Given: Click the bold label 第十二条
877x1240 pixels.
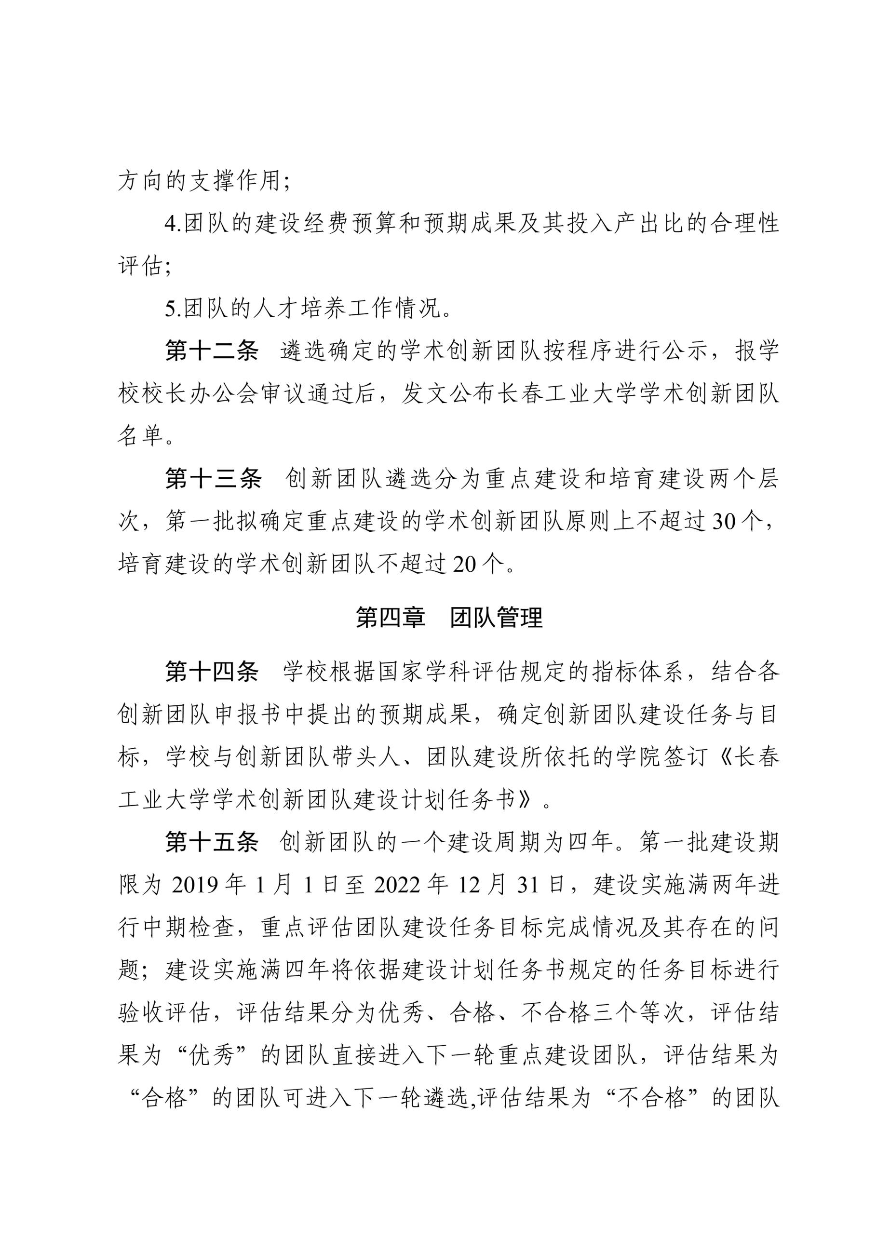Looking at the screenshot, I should coord(212,351).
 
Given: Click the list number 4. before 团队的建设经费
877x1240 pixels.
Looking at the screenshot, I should coord(173,224).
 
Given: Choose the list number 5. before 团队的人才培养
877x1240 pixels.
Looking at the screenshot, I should coord(173,309).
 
